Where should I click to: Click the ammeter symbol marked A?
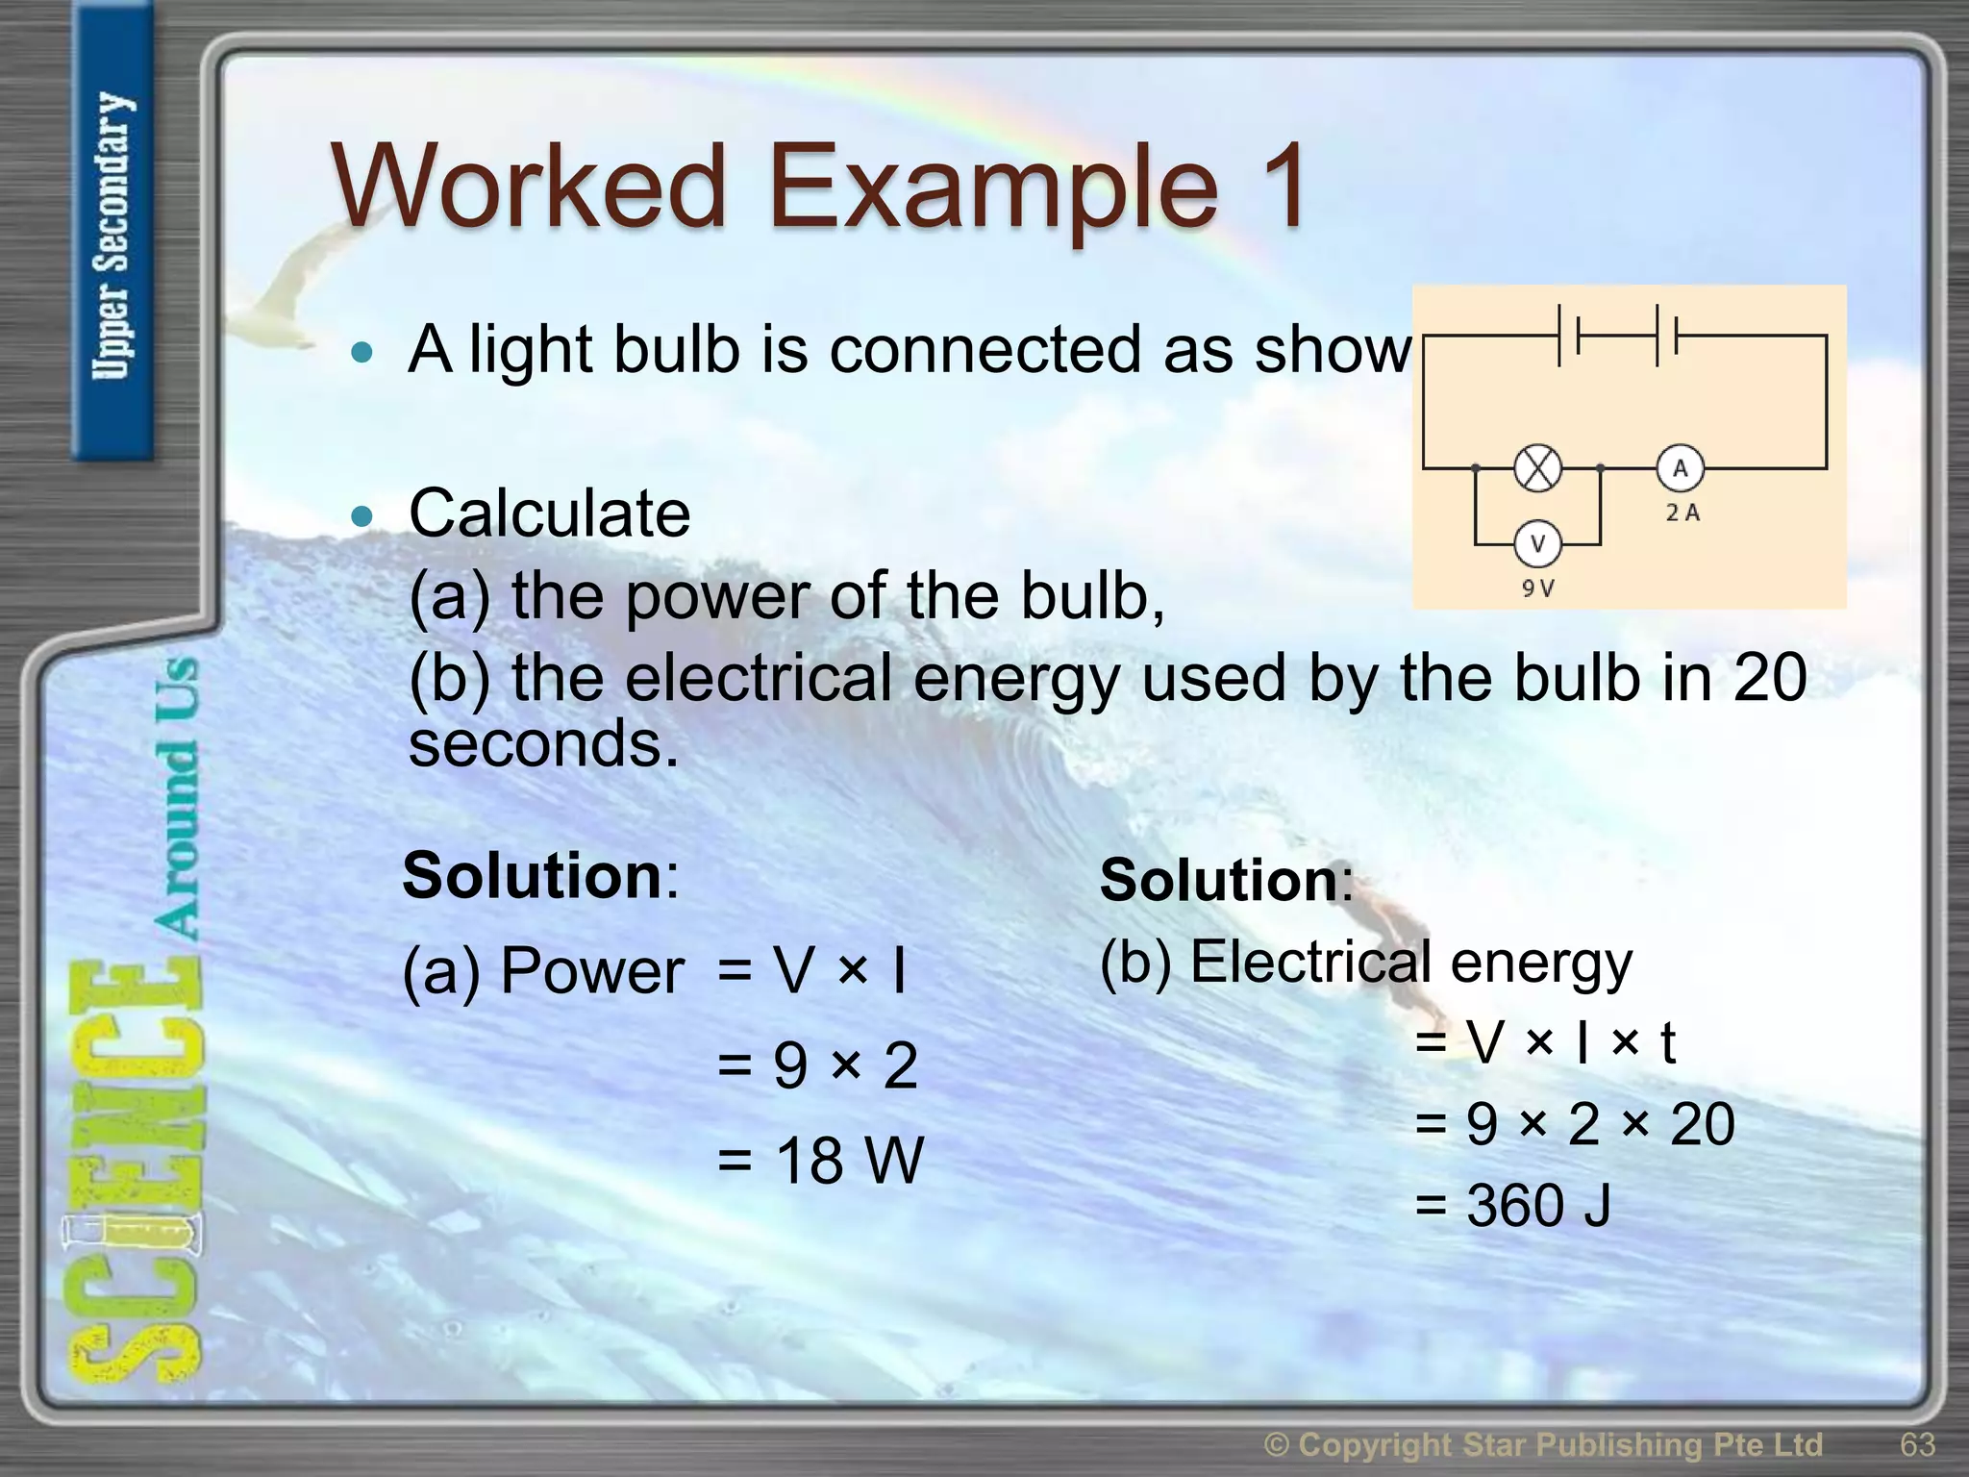pyautogui.click(x=1680, y=468)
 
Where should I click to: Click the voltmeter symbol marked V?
pyautogui.click(x=1537, y=544)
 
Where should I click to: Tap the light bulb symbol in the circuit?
pyautogui.click(x=1537, y=469)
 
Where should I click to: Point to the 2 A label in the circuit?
pyautogui.click(x=1682, y=513)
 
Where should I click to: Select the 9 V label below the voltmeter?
pyautogui.click(x=1537, y=588)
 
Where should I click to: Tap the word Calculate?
pyautogui.click(x=549, y=513)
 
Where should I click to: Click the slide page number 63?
pyautogui.click(x=1917, y=1445)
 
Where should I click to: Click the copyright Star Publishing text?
pyautogui.click(x=1543, y=1445)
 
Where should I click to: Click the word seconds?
pyautogui.click(x=543, y=744)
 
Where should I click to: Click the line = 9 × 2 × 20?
pyautogui.click(x=1574, y=1123)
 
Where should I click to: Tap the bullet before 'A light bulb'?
pyautogui.click(x=361, y=352)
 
